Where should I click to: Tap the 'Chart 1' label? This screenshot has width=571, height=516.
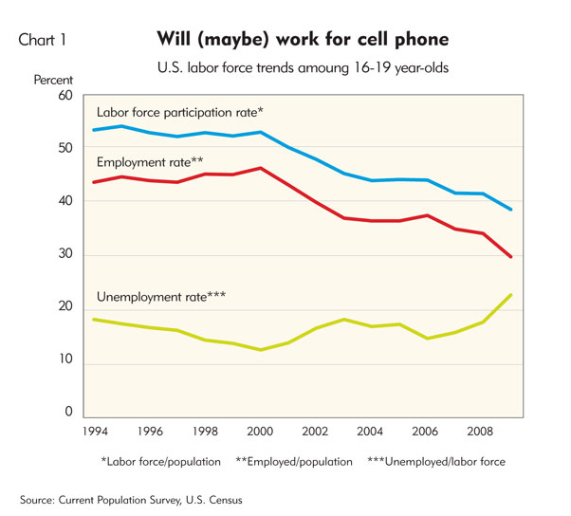(42, 41)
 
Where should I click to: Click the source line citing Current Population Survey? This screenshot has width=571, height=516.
(139, 498)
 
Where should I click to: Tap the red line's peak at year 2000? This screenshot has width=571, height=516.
(261, 168)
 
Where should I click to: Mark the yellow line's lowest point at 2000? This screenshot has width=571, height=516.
(261, 350)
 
